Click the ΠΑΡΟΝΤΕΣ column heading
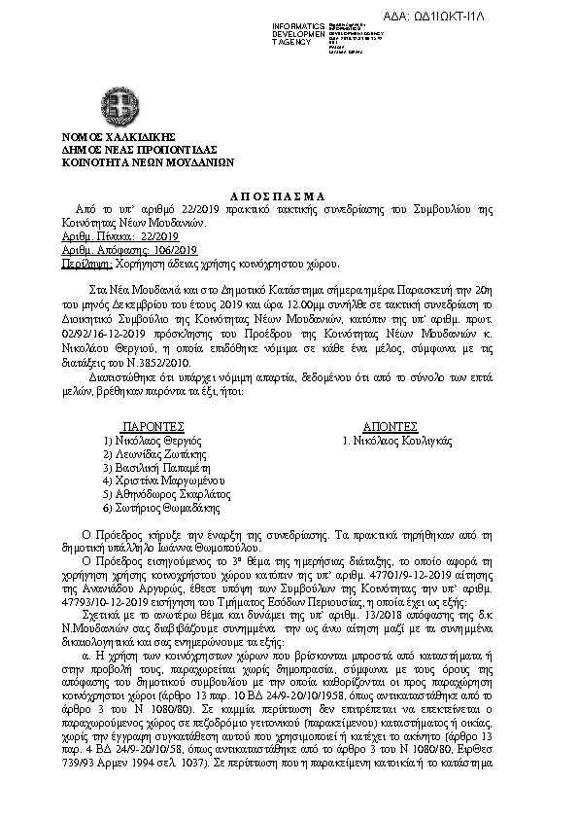pyautogui.click(x=153, y=427)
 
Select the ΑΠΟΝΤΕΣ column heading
pyautogui.click(x=390, y=427)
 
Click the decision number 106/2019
pyautogui.click(x=153, y=250)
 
